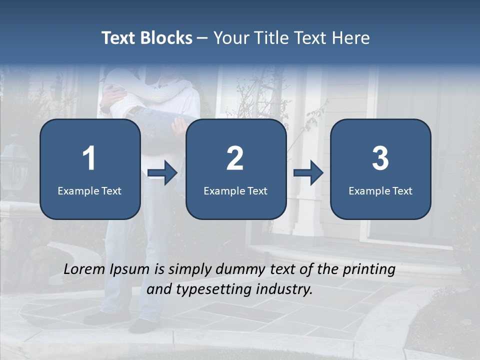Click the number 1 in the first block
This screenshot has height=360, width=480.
pos(89,158)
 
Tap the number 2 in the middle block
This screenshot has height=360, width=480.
pos(235,158)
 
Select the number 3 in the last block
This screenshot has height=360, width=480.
pos(380,158)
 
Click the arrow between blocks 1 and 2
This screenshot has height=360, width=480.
pos(162,173)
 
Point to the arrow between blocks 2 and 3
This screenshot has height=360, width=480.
pos(308,173)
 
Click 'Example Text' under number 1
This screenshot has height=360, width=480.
pos(89,190)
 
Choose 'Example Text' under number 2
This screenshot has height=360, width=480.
pos(235,190)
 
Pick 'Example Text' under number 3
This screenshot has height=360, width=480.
pos(380,190)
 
